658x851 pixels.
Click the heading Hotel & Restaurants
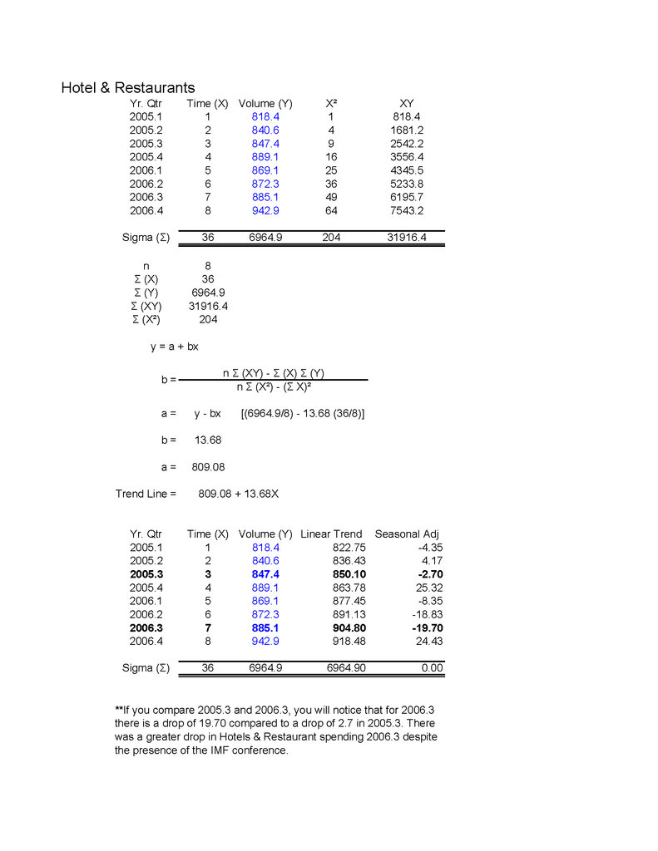click(128, 87)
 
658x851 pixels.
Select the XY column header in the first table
click(407, 104)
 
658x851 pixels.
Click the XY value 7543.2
click(407, 210)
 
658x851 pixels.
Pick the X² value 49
click(331, 197)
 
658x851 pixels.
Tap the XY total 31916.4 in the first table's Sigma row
click(407, 238)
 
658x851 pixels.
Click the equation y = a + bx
click(175, 347)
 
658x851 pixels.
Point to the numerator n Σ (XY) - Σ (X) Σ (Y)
click(273, 373)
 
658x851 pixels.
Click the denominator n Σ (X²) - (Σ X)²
click(273, 386)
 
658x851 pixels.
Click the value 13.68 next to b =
click(207, 440)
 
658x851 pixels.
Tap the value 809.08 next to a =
click(208, 467)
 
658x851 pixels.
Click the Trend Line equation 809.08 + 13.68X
click(239, 494)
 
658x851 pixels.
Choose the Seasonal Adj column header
click(407, 534)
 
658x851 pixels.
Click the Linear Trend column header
click(331, 534)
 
